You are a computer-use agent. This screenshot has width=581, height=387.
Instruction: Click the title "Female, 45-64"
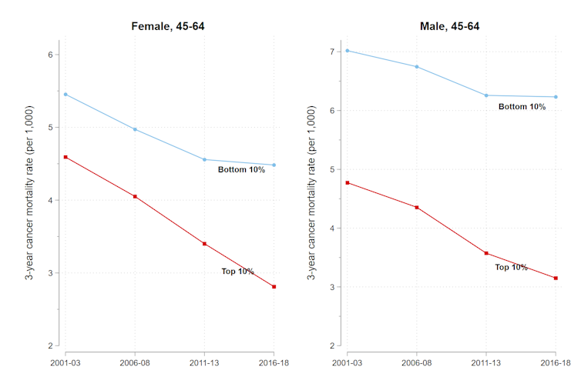(x=166, y=27)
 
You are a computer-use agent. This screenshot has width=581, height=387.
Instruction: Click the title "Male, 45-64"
(x=449, y=27)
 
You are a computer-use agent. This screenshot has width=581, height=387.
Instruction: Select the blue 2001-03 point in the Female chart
(x=65, y=95)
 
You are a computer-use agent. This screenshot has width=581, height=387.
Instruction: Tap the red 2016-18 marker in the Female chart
(x=274, y=287)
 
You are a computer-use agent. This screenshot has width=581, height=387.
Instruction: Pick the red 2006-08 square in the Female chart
(x=135, y=197)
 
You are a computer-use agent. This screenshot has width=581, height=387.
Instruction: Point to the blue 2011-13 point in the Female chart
(x=204, y=159)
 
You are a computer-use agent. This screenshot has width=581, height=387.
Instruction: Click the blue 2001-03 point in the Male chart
(x=348, y=51)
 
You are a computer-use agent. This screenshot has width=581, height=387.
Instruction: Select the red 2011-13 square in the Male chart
(x=486, y=253)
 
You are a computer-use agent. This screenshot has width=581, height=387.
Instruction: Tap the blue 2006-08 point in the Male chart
(x=417, y=67)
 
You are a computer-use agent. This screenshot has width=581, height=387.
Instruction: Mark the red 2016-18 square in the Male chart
(x=556, y=278)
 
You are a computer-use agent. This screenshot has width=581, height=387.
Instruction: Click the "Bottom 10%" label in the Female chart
(x=241, y=170)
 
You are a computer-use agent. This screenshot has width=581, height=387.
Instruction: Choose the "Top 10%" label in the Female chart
(x=237, y=272)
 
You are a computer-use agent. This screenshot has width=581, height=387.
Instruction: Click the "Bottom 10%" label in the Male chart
(x=522, y=107)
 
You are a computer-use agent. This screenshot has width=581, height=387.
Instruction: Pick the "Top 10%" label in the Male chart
(x=511, y=268)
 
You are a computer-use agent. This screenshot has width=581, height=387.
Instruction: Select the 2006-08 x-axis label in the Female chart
(x=135, y=362)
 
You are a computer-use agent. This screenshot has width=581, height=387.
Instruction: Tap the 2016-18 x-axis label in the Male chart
(x=556, y=362)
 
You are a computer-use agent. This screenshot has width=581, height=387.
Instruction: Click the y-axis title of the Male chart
(x=311, y=192)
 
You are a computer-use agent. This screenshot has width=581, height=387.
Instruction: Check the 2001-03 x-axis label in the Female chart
(x=65, y=362)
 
